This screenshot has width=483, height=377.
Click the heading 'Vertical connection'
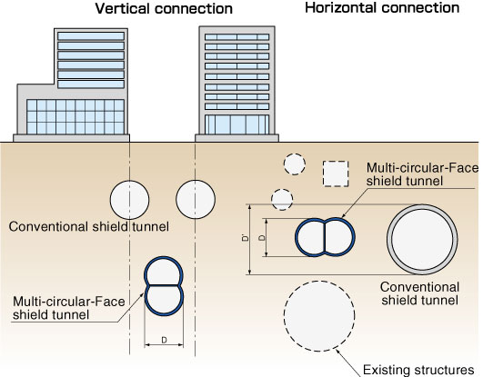click(164, 8)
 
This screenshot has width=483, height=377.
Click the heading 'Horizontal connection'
click(382, 7)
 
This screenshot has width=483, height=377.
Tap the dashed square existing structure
click(336, 174)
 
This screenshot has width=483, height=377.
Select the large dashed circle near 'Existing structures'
click(319, 316)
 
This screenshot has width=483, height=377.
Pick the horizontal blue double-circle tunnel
click(325, 237)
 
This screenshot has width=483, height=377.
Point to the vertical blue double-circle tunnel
click(164, 286)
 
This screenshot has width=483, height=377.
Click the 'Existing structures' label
click(418, 370)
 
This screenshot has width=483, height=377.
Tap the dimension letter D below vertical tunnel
click(164, 340)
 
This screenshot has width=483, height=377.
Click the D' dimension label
click(246, 238)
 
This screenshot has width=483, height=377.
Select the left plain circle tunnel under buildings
click(130, 200)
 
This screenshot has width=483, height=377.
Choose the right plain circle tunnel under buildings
click(196, 200)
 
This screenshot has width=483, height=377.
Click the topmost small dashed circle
click(295, 164)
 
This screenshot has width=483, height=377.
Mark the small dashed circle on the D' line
click(282, 200)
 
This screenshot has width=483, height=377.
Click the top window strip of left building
click(91, 36)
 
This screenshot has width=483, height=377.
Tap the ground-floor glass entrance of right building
click(236, 124)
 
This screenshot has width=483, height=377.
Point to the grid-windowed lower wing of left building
click(75, 117)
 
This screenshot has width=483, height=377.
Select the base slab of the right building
click(236, 138)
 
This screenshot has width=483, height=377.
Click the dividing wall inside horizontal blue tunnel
click(325, 237)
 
